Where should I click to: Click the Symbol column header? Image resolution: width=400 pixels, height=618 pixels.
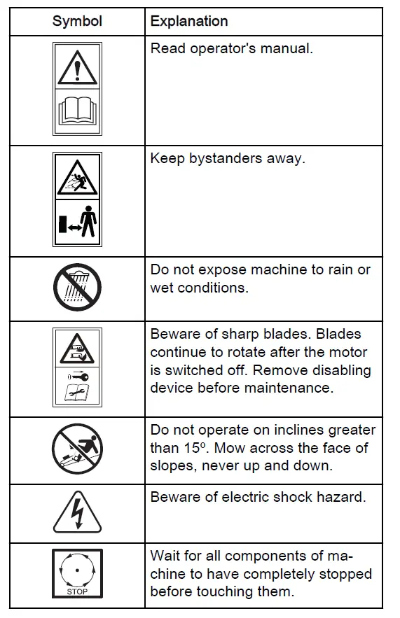77,21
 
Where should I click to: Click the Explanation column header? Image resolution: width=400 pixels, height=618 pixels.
189,21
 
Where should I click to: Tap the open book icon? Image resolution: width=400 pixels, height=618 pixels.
77,111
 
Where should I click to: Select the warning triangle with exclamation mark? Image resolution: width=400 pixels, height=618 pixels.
77,67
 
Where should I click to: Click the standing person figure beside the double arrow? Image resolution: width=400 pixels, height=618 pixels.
88,225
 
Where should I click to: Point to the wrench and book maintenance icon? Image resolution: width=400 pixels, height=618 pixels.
77,393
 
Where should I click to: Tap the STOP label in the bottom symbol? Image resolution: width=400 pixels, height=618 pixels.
77,591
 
